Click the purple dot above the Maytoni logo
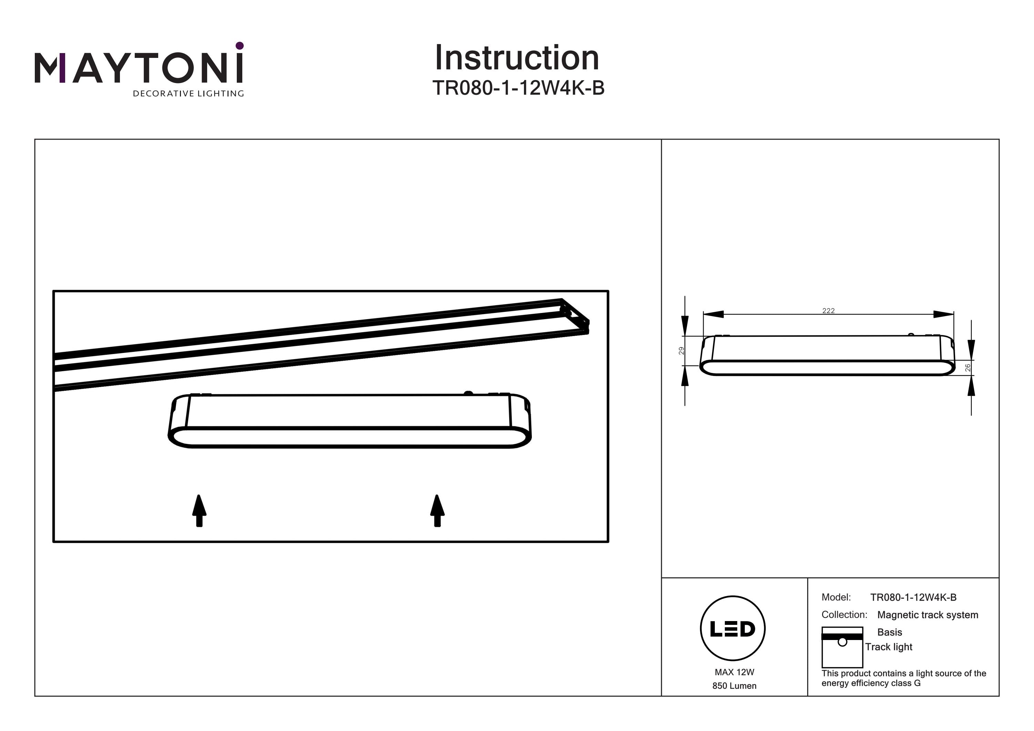(240, 45)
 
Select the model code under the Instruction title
(518, 88)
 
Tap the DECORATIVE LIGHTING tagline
(188, 94)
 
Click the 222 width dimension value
(828, 310)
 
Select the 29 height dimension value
(681, 351)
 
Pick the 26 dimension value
(968, 367)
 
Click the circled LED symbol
(733, 629)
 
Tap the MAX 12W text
(734, 672)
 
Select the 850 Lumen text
(734, 686)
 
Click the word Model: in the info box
(836, 597)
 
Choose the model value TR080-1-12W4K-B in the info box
(913, 597)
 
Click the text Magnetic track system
(928, 615)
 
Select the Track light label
(889, 647)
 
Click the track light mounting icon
(842, 647)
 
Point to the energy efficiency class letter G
(918, 683)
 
